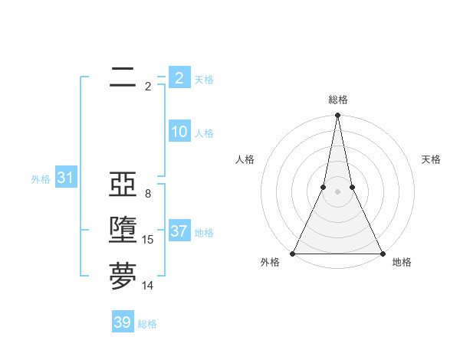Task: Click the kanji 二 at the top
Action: (x=123, y=77)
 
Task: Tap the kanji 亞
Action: (x=123, y=185)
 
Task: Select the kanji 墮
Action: (x=123, y=230)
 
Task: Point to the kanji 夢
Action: (x=123, y=276)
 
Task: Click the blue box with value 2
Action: (x=179, y=77)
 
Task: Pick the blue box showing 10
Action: (x=179, y=132)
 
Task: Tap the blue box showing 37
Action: (x=179, y=231)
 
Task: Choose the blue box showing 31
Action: (x=65, y=178)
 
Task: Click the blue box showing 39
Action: (x=123, y=322)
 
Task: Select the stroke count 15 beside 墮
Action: (x=148, y=240)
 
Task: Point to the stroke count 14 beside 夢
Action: (x=148, y=286)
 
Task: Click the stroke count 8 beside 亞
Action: (x=148, y=194)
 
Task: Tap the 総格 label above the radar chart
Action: (x=337, y=100)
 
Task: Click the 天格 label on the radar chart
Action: (x=432, y=159)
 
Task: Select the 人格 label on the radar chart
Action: (x=245, y=159)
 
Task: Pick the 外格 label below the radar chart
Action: (x=270, y=263)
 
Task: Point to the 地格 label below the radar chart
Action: (x=402, y=263)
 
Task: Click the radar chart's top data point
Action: (x=337, y=116)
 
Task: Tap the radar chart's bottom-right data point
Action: (x=382, y=253)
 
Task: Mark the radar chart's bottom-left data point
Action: (x=294, y=253)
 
